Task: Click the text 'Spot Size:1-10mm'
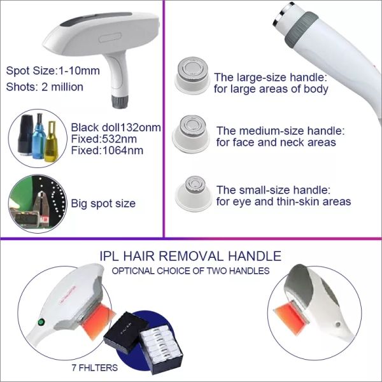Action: point(53,71)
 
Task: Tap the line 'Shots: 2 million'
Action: point(45,87)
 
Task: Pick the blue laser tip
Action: point(39,136)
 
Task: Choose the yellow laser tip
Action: point(51,141)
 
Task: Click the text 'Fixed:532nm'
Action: point(104,139)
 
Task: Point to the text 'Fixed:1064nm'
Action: point(107,150)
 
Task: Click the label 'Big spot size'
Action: point(103,204)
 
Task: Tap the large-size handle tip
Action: point(192,75)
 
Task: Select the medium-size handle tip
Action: point(191,134)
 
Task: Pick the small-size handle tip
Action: point(194,194)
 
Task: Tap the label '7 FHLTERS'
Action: point(94,367)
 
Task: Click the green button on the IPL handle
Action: point(41,322)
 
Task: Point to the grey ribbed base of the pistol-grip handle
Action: point(120,101)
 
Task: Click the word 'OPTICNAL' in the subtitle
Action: point(133,271)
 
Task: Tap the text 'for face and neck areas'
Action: point(276,143)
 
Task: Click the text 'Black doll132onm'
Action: point(116,127)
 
